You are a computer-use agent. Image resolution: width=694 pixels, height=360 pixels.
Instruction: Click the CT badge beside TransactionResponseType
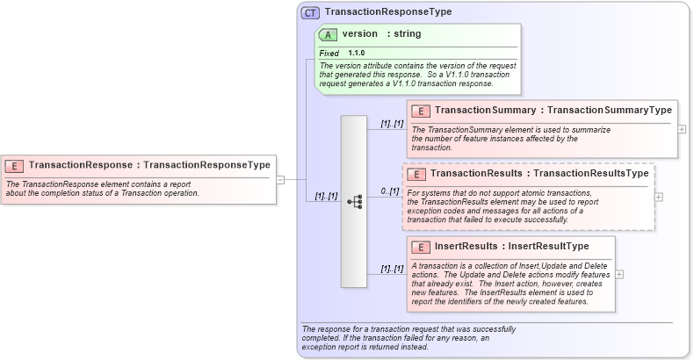click(x=310, y=12)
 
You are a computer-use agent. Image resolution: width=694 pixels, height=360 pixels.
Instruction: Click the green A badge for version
click(x=329, y=34)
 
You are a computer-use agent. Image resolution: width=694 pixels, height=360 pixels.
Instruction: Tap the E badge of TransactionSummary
click(x=421, y=111)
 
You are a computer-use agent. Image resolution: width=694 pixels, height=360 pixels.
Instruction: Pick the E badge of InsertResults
click(x=421, y=247)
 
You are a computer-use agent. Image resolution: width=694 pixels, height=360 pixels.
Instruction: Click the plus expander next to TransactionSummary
click(x=683, y=128)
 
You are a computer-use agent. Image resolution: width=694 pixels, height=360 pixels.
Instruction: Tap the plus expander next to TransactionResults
click(x=659, y=197)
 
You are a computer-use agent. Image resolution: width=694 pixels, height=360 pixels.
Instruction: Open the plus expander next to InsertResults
click(x=619, y=273)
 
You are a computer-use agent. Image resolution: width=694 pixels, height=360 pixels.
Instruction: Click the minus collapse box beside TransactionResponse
click(x=280, y=179)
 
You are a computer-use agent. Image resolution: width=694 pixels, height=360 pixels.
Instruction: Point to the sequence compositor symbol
click(x=354, y=201)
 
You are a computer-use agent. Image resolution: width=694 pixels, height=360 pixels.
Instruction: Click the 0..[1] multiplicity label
click(x=389, y=191)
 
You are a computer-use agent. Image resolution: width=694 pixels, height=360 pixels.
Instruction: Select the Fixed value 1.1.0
click(x=356, y=54)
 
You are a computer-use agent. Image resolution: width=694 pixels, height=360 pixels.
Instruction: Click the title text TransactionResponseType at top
click(x=387, y=12)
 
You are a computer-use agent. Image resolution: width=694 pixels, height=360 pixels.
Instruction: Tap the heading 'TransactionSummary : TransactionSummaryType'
click(x=553, y=111)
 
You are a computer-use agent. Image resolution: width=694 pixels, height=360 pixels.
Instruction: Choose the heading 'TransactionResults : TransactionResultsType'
click(x=539, y=174)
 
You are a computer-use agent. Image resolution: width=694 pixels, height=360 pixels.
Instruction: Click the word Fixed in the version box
click(x=329, y=54)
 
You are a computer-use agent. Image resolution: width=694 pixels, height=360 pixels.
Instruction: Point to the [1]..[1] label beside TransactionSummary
click(x=392, y=124)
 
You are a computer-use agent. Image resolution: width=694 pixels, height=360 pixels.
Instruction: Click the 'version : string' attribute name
click(x=381, y=34)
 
